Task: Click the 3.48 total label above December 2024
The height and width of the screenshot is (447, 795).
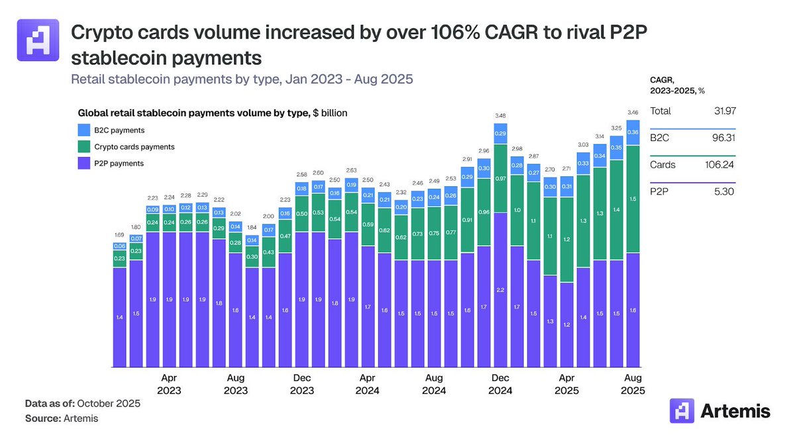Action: point(500,116)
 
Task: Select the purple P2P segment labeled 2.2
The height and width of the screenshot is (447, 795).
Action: point(500,289)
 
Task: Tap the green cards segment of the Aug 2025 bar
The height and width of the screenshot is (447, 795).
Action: point(633,199)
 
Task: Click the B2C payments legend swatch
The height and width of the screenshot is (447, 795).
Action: point(84,130)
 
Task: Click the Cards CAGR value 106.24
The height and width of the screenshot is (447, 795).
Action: point(719,165)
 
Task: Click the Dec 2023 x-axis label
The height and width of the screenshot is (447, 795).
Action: point(301,384)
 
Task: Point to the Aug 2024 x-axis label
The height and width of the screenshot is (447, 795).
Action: point(434,384)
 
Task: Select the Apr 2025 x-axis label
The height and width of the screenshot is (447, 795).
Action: point(566,384)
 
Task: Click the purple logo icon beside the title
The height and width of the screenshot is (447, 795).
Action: point(38,40)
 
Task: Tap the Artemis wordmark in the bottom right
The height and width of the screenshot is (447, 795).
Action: point(735,411)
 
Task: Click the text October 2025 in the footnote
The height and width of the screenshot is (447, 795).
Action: point(110,403)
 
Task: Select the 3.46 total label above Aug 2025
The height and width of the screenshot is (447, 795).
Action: point(633,113)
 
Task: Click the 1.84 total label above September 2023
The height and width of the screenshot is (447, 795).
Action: point(252,227)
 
